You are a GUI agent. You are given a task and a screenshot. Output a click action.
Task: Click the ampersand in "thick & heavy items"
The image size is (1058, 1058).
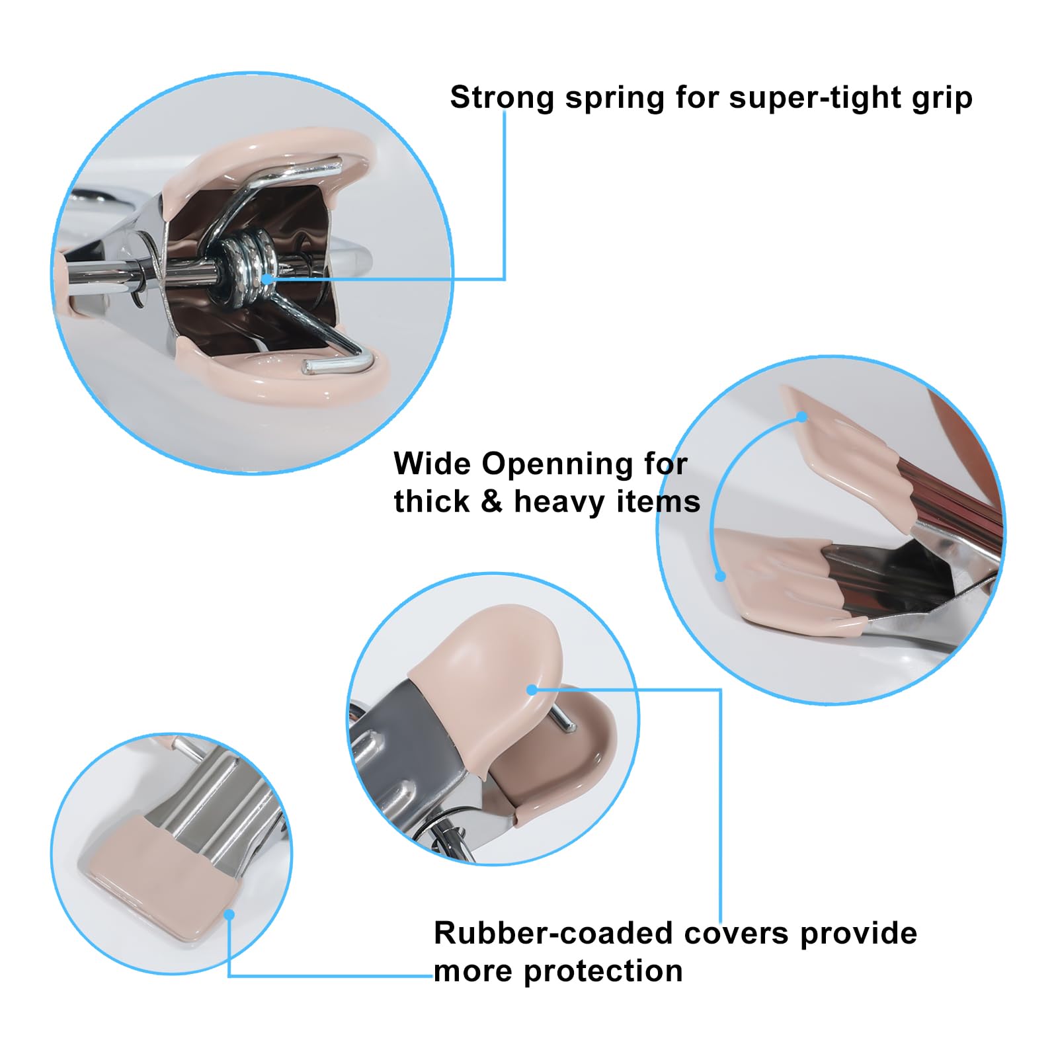(x=491, y=501)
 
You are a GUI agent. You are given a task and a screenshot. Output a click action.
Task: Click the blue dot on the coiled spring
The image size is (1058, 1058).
(x=266, y=280)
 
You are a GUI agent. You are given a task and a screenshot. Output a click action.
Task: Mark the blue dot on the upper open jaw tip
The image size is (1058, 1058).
(x=802, y=417)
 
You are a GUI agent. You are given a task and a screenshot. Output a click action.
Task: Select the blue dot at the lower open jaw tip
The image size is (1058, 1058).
(x=721, y=577)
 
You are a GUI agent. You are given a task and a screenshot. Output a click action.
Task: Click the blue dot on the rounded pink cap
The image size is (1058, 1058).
(x=532, y=690)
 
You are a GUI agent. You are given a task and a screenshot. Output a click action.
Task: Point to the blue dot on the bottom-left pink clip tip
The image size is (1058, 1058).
(x=229, y=915)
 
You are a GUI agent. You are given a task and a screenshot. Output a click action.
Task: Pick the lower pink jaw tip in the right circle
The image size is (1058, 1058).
(x=787, y=582)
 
